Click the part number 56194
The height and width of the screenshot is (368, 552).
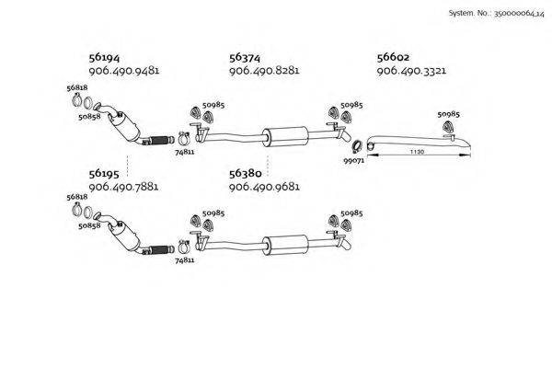(104, 57)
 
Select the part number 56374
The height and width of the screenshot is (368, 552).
(245, 57)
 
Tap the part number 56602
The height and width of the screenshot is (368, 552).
(393, 57)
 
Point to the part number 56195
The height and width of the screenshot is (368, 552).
(104, 174)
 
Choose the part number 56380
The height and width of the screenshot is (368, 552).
(246, 174)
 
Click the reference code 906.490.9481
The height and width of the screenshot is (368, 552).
(124, 71)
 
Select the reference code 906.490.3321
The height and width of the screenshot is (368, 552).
(411, 71)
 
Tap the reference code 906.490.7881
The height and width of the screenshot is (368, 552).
(123, 187)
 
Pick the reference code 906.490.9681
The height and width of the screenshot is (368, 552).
(264, 187)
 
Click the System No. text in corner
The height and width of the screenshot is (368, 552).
(497, 14)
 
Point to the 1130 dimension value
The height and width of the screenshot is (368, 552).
(417, 152)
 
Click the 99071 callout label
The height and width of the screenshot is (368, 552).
(354, 161)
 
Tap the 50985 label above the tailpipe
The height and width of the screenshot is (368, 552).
(449, 114)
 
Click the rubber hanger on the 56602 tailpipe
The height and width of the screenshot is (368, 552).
(448, 126)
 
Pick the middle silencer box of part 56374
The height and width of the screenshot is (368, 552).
(286, 136)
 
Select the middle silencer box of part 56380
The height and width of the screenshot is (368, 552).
(286, 245)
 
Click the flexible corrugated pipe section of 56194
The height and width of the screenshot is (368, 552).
(160, 141)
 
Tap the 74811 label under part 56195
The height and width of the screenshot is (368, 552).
(185, 260)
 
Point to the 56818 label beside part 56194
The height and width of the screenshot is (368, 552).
(77, 87)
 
